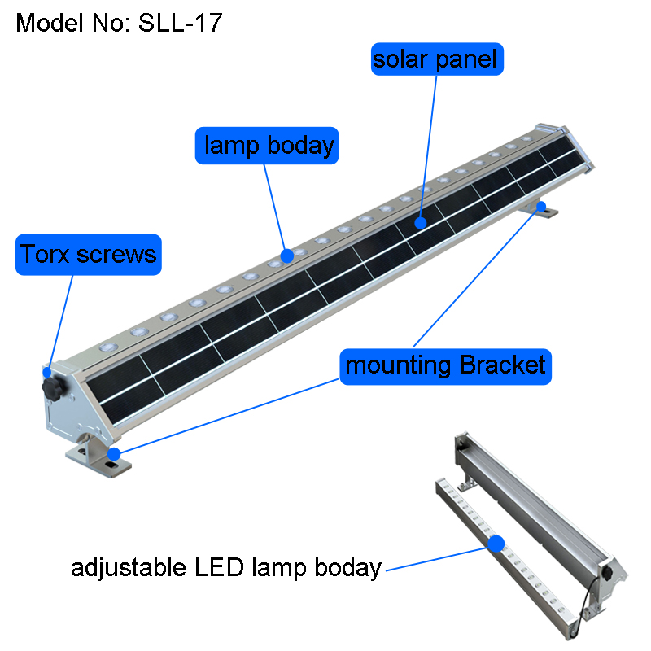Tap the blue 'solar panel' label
[x=435, y=59]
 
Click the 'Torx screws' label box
[x=88, y=254]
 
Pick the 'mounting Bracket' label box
[x=445, y=365]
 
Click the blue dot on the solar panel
[x=420, y=221]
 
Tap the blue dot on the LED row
[x=286, y=256]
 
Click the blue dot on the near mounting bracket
[x=115, y=453]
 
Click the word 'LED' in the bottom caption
[x=227, y=567]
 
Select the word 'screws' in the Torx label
[x=121, y=254]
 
